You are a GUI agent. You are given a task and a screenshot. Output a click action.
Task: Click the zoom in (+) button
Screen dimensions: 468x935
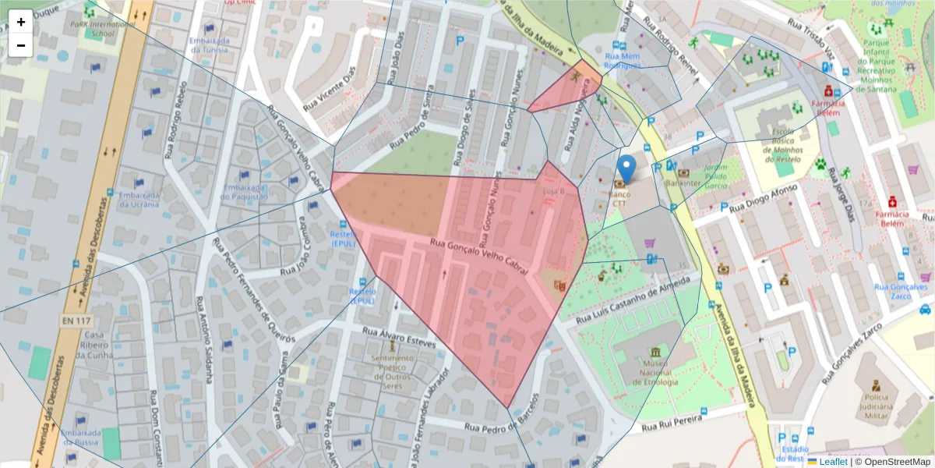(20, 22)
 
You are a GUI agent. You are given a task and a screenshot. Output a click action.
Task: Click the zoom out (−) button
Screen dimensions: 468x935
(20, 45)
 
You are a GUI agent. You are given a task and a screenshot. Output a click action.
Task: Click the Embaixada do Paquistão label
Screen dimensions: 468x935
(244, 192)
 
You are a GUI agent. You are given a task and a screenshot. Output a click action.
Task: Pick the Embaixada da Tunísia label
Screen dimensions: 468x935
(208, 44)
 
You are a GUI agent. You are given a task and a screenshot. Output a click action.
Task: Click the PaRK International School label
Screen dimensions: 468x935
(92, 30)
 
